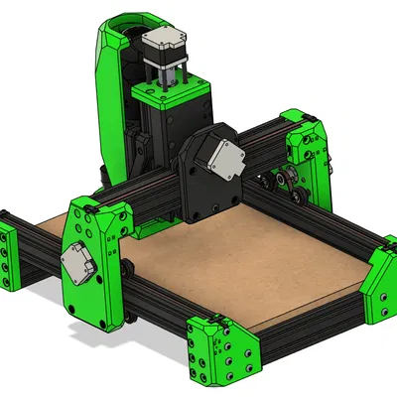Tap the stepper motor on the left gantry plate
click(x=76, y=262)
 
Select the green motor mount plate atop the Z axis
click(x=164, y=93)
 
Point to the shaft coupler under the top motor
click(x=164, y=74)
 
